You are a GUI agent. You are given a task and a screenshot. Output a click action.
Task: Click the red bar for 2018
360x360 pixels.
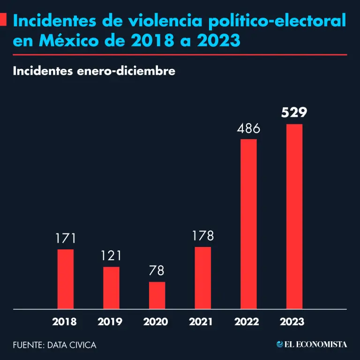point(66,279)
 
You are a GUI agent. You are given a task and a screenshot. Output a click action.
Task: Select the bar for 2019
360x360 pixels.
point(111,288)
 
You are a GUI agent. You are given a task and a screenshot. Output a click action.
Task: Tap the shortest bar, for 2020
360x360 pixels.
point(157,295)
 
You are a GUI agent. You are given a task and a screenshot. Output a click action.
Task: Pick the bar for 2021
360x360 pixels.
point(202,278)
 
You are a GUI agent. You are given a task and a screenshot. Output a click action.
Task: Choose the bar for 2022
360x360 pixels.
point(248,224)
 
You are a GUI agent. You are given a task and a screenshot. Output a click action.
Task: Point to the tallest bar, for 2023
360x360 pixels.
point(294,217)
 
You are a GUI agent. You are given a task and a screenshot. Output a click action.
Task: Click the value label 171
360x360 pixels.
point(66,239)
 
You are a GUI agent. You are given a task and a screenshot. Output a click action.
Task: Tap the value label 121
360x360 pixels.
point(111,256)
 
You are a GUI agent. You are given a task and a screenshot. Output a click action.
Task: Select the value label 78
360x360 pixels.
point(157,271)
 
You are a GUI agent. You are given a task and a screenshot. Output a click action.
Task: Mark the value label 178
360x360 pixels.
point(202,236)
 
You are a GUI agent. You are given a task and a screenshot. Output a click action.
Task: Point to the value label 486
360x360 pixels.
point(248,128)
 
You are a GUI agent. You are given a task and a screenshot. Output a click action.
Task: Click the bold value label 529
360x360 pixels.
point(294,113)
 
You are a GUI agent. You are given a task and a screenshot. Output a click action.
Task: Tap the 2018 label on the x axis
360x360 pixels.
point(65,322)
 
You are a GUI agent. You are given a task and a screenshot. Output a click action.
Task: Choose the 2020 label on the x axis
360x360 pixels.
point(156,322)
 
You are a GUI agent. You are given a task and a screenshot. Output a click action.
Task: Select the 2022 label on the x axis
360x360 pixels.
point(247,322)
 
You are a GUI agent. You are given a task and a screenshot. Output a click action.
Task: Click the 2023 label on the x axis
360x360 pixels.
point(292,322)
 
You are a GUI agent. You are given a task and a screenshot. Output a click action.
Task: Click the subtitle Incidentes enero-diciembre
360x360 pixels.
point(94,71)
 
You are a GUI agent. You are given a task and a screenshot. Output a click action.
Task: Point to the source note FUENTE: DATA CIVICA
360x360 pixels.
point(55,345)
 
